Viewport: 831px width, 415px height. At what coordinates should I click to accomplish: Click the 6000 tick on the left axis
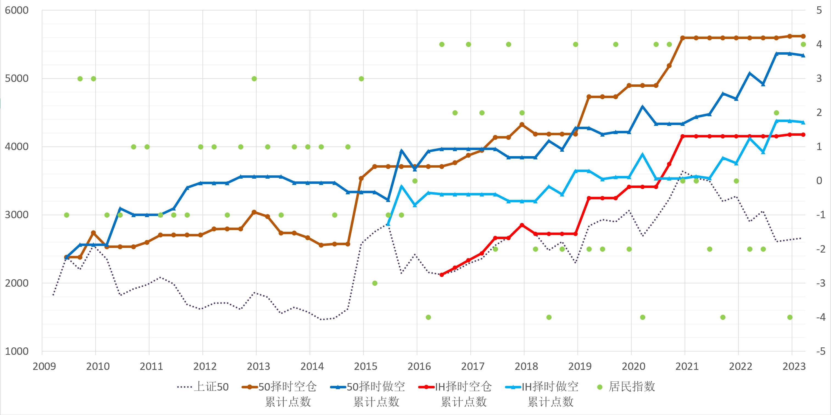tap(16, 10)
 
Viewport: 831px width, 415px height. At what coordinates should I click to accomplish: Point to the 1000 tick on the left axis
tap(16, 351)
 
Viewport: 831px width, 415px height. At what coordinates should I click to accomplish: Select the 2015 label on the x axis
tap(365, 366)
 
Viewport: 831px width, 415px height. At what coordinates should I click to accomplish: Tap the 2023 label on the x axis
tap(794, 366)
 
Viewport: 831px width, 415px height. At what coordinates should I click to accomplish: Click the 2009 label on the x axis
tap(44, 366)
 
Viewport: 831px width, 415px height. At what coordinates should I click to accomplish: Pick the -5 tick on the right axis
tap(820, 351)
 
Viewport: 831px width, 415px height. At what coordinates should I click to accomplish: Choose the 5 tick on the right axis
tap(819, 10)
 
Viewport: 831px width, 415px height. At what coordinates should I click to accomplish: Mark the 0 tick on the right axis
tap(819, 181)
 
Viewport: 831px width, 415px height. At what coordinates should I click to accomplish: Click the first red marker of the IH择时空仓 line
tap(442, 275)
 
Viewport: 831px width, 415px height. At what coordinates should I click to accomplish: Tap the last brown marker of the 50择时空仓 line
tap(803, 36)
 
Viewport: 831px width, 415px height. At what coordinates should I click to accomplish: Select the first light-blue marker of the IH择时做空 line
tap(388, 223)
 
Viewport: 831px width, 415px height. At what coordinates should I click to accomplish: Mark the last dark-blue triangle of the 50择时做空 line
tap(803, 56)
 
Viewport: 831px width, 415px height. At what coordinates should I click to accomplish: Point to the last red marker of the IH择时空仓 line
tap(803, 135)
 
